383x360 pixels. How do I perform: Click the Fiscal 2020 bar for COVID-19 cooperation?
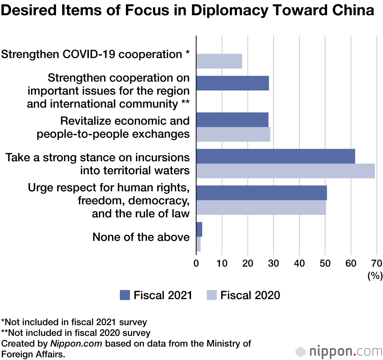coord(219,61)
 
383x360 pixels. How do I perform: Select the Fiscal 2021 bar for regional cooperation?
coord(232,83)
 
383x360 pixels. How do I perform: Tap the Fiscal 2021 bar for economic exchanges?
coord(232,119)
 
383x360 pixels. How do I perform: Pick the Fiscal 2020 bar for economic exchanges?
coord(233,134)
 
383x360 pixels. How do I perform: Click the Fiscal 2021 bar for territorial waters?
coord(275,156)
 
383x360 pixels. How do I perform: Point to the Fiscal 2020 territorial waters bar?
coord(285,170)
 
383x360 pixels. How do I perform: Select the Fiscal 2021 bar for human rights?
coord(261,193)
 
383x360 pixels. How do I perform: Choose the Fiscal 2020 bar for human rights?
coord(261,207)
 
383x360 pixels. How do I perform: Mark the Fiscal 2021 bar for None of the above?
coord(199,229)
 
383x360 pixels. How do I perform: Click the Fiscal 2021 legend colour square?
coord(125,295)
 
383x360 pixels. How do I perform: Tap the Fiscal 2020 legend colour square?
coord(212,295)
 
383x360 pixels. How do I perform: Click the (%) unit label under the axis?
coord(375,275)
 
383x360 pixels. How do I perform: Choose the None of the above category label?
coord(141,237)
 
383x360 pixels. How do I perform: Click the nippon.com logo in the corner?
coord(339,351)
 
